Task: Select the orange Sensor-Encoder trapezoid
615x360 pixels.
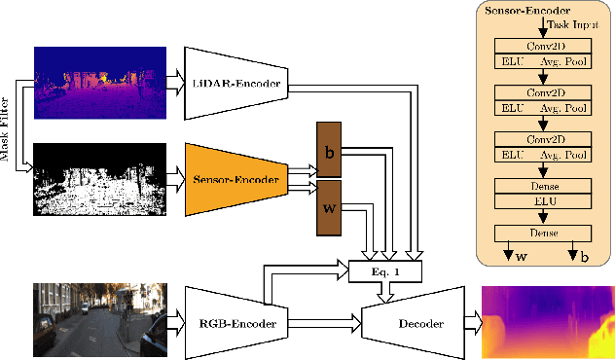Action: click(235, 179)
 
